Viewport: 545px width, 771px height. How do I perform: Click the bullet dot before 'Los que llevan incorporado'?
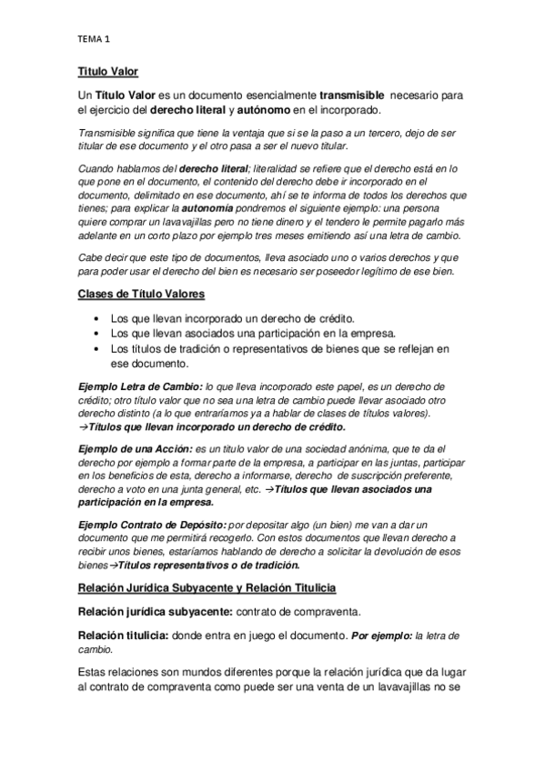tap(98, 318)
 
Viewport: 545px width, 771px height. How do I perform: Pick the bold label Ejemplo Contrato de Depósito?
tap(150, 526)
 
